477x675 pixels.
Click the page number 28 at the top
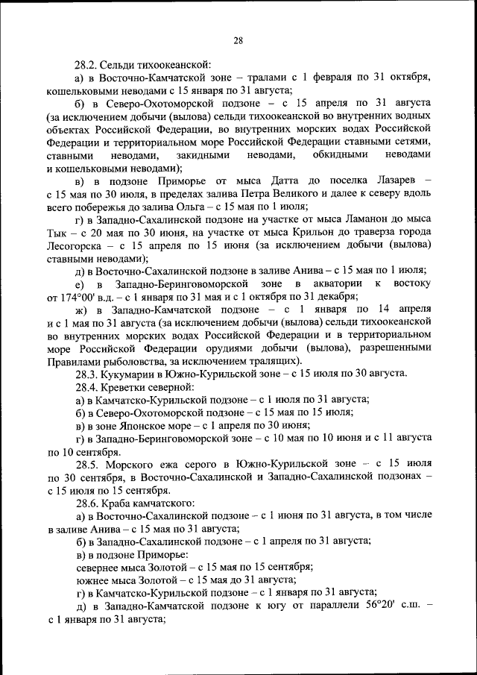(238, 40)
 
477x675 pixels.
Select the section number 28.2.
(85, 65)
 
